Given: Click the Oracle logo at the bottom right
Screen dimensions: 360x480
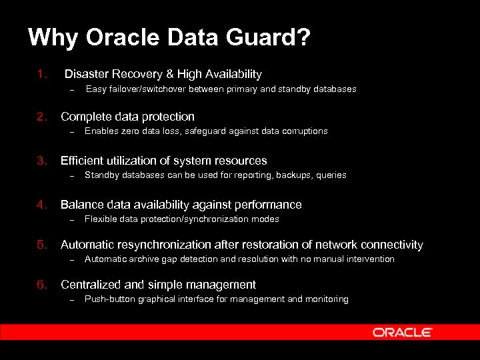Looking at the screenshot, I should click(402, 332).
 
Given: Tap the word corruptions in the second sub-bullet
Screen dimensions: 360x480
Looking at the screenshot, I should click(304, 131).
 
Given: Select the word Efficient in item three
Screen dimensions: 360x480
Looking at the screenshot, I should click(83, 161).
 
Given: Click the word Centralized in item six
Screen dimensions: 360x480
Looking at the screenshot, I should click(89, 285).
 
